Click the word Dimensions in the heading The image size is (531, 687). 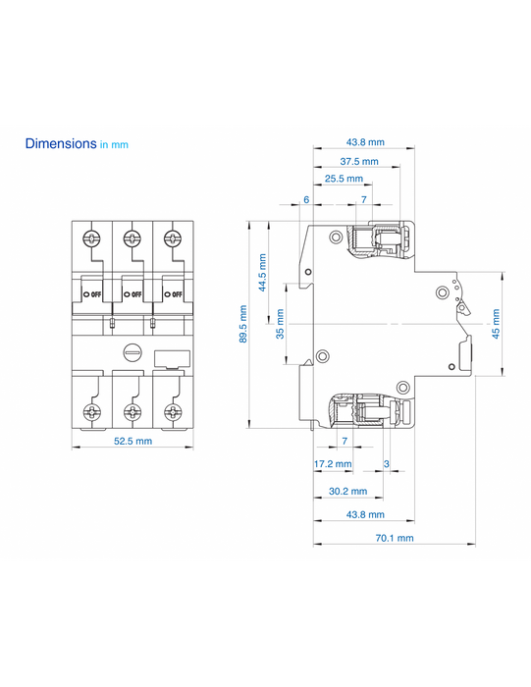point(61,143)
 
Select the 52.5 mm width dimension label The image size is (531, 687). point(133,441)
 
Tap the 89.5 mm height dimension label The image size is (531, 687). point(243,324)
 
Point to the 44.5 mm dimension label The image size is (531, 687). point(262,273)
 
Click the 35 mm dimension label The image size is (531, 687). point(280,324)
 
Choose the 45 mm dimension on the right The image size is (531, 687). point(496,324)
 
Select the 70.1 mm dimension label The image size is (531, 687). point(395,538)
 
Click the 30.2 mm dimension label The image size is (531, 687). point(347,491)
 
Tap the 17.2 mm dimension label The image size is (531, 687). point(333,463)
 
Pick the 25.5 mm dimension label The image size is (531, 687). point(344,179)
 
